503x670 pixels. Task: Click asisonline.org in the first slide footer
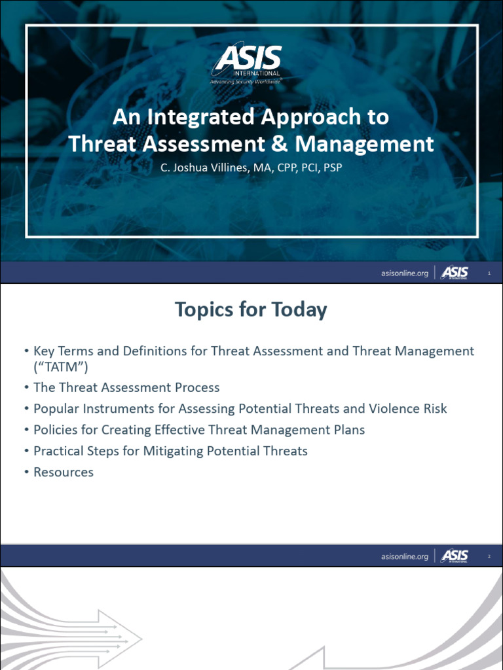point(404,273)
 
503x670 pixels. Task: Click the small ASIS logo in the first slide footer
point(454,272)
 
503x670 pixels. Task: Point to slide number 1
point(489,273)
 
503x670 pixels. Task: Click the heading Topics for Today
point(251,309)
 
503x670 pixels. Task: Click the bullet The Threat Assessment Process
point(126,387)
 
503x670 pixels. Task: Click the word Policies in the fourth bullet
point(57,430)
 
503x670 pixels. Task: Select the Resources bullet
point(64,472)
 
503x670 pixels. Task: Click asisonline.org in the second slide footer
point(404,556)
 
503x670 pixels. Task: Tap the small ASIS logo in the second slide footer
point(454,555)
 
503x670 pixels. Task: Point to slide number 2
point(489,556)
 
